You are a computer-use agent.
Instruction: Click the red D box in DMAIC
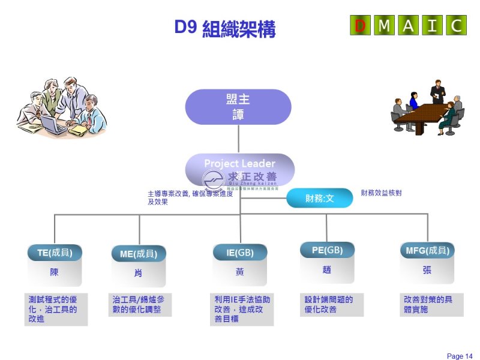[x=360, y=25]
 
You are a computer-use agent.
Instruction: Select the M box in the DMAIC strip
[x=384, y=25]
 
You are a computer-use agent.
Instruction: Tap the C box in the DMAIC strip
[x=456, y=25]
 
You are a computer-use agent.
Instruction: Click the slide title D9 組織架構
[x=225, y=28]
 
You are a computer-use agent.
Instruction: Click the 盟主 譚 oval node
[x=239, y=107]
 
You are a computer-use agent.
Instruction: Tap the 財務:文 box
[x=319, y=198]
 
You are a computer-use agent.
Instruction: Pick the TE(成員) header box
[x=55, y=253]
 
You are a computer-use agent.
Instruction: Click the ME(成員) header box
[x=139, y=254]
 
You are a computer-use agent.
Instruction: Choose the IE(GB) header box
[x=240, y=253]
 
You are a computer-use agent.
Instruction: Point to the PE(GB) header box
[x=327, y=250]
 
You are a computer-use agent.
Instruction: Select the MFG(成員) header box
[x=427, y=251]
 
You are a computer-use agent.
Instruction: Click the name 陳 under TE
[x=55, y=272]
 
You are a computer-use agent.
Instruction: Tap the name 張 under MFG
[x=427, y=270]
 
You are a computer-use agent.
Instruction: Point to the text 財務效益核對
[x=381, y=193]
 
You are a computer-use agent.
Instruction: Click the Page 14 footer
[x=460, y=356]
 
